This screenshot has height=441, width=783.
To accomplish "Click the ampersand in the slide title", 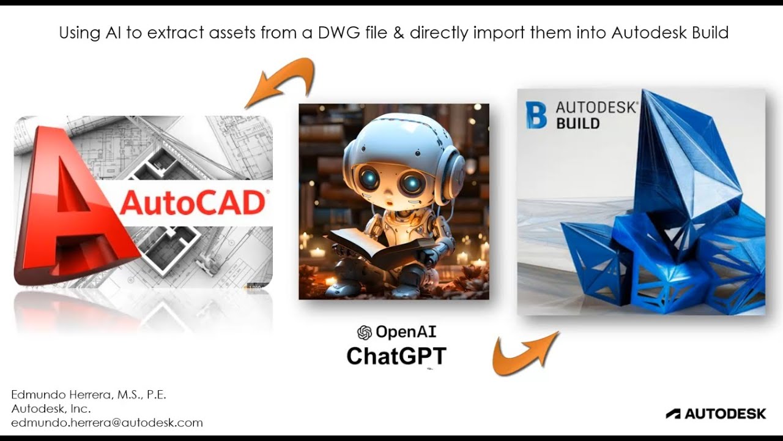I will pos(399,32).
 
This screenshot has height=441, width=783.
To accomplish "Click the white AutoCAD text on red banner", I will pos(193,203).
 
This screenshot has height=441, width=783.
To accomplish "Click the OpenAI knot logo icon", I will pos(365,333).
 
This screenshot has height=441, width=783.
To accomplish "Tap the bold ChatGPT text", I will pos(396,356).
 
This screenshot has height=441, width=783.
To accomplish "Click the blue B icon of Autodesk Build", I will pos(536,115).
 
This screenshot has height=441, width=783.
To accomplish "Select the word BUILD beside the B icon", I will pos(577,124).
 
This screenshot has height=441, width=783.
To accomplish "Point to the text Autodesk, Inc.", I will pos(51,409).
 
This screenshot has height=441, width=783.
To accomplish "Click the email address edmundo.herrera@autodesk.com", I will pos(107,423).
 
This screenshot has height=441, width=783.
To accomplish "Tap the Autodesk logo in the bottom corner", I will pos(716,414).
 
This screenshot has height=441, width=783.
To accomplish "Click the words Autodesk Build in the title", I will pos(670,32).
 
